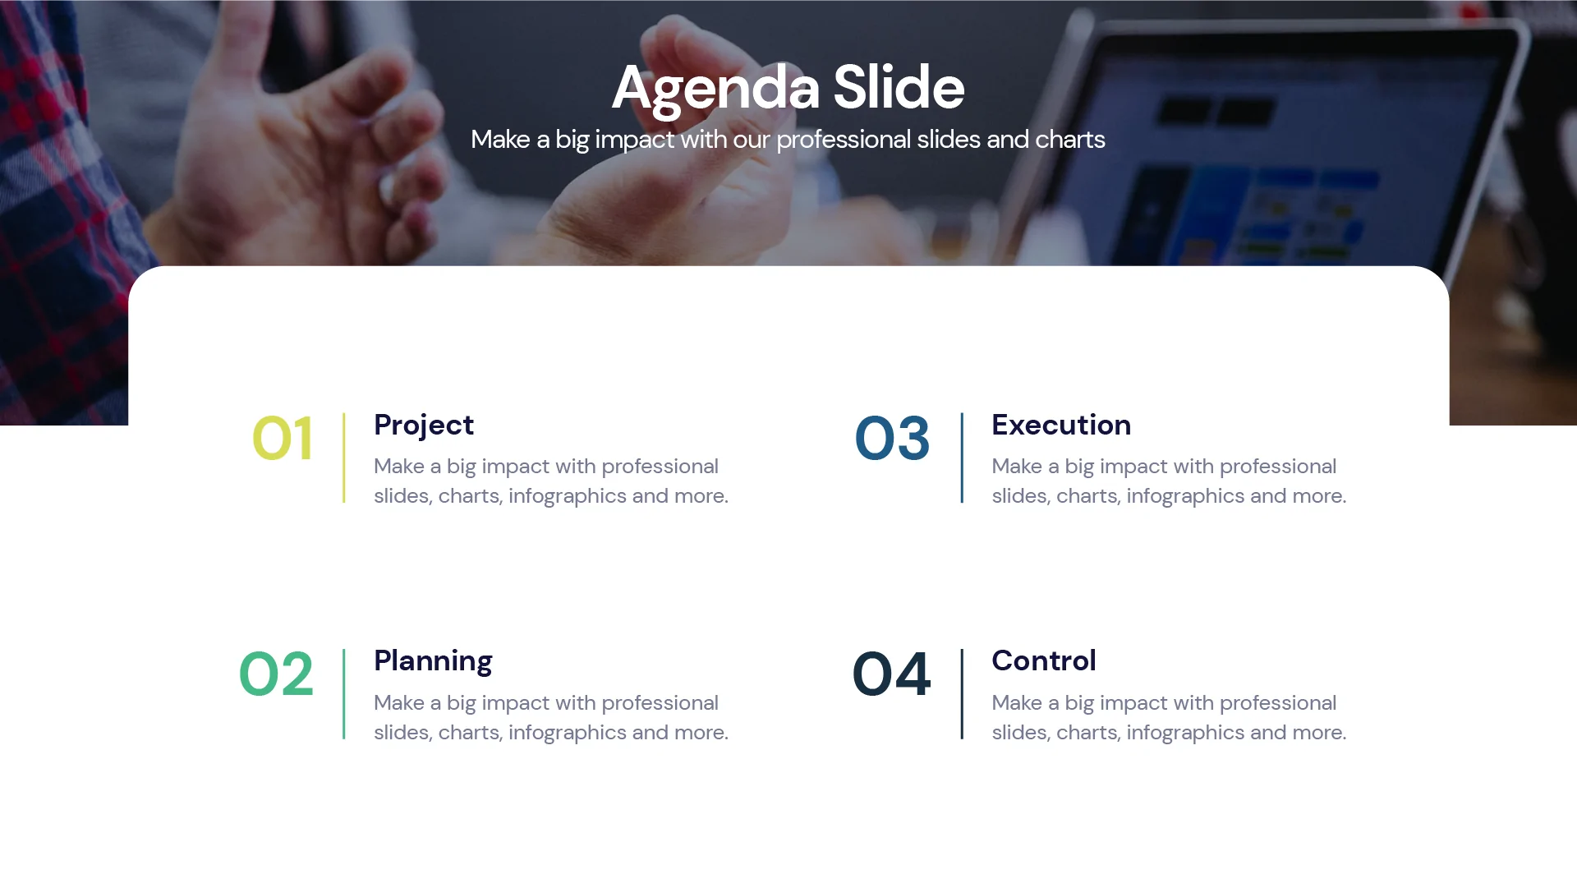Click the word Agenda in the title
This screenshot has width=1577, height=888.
click(715, 88)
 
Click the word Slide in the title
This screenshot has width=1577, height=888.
click(899, 87)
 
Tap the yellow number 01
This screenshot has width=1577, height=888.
click(283, 439)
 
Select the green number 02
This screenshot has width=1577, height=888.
click(276, 674)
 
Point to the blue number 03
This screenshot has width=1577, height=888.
click(892, 439)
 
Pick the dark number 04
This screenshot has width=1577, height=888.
click(891, 674)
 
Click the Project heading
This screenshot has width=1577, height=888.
click(424, 425)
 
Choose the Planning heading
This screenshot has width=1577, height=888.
click(433, 660)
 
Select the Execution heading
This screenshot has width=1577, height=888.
click(1061, 425)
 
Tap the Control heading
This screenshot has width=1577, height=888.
click(1044, 660)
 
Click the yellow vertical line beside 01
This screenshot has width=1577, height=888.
click(344, 458)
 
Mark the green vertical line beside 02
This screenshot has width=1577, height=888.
click(344, 694)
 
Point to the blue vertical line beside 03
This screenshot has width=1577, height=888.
click(962, 458)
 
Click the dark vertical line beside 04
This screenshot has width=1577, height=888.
click(962, 694)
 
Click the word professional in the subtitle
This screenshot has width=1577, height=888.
click(844, 140)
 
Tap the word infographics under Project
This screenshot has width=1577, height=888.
click(567, 496)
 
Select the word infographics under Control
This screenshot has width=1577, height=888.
click(1184, 733)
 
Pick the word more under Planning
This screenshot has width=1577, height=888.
click(699, 733)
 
